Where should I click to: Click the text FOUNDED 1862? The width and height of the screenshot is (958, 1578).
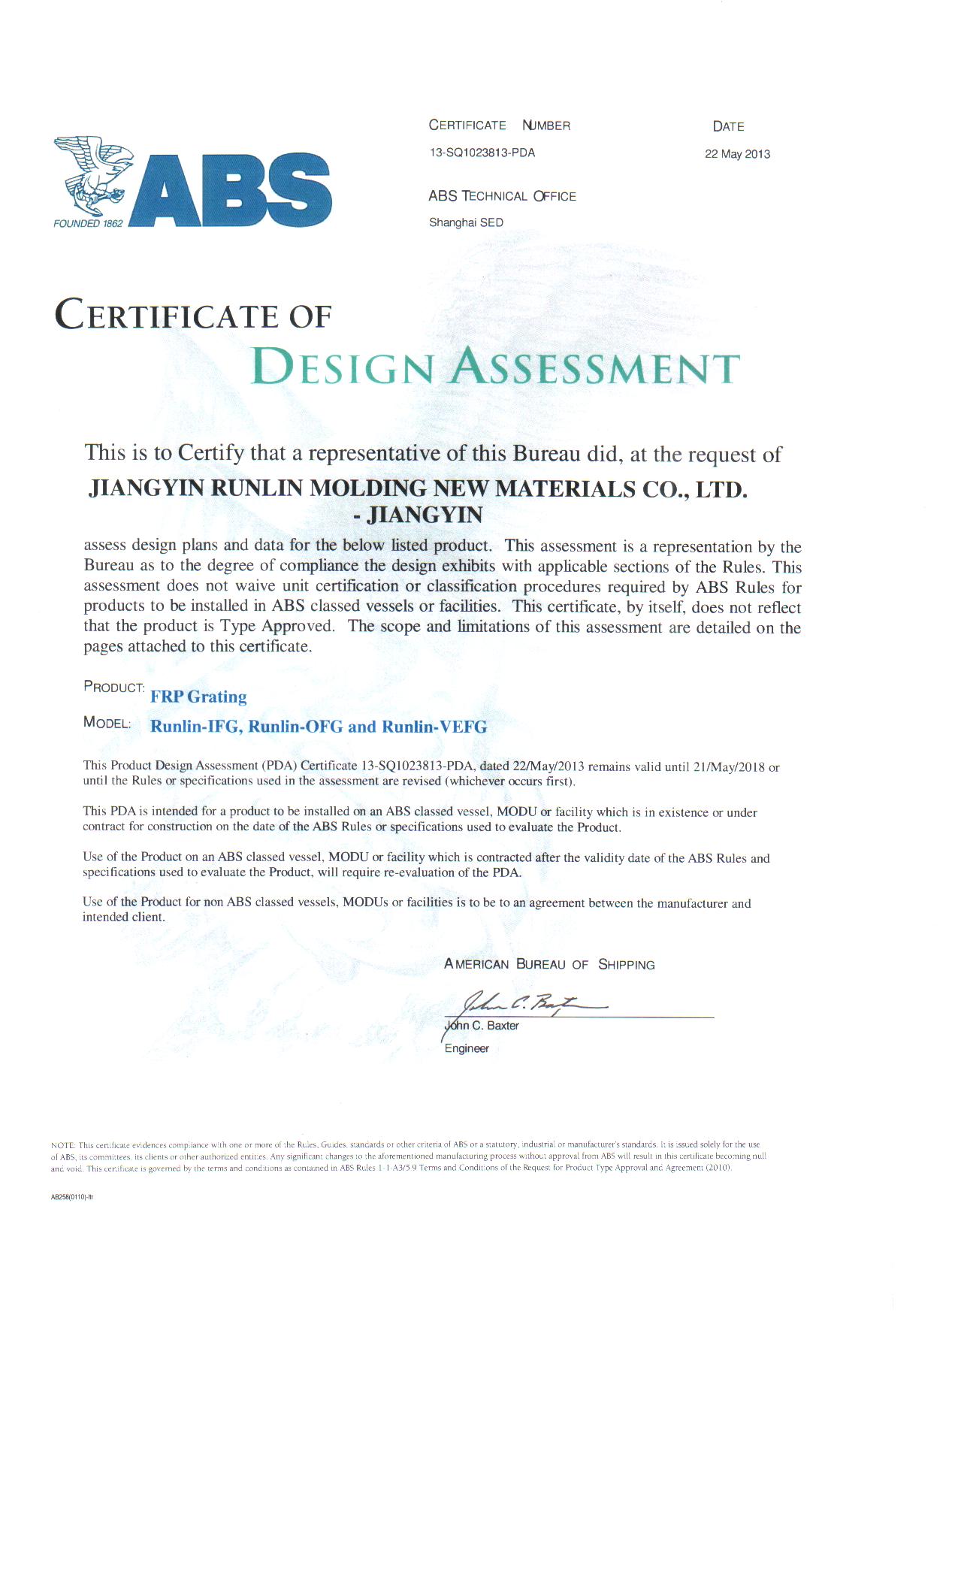click(88, 223)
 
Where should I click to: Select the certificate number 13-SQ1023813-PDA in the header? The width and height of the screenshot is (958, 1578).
click(482, 153)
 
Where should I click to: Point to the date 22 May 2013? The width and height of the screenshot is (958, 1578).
click(737, 154)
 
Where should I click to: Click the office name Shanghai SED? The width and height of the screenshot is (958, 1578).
click(466, 222)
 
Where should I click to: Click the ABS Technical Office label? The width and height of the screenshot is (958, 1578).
click(502, 196)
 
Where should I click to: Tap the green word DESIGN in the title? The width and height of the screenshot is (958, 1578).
click(343, 367)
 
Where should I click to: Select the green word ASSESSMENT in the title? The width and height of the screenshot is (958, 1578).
click(595, 367)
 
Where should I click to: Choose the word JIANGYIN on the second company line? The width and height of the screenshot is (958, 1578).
click(425, 515)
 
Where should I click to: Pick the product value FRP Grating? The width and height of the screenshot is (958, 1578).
click(198, 697)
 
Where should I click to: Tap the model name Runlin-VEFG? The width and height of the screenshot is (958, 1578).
click(434, 727)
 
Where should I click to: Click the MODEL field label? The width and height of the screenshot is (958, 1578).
click(107, 723)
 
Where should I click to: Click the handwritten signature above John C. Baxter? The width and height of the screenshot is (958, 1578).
click(526, 1003)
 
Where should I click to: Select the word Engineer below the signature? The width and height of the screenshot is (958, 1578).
click(467, 1048)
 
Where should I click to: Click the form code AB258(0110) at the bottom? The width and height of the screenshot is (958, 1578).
click(71, 1197)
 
